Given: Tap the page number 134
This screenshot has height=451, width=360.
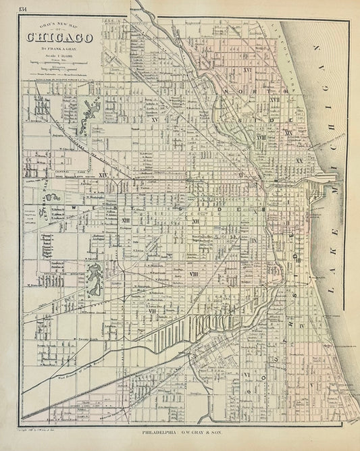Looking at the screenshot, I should point(24,8).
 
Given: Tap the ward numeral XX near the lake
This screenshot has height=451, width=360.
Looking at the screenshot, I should point(298,161).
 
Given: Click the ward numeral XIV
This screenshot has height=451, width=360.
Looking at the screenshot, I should point(122,175).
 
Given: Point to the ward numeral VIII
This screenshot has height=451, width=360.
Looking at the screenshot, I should point(194,273).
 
